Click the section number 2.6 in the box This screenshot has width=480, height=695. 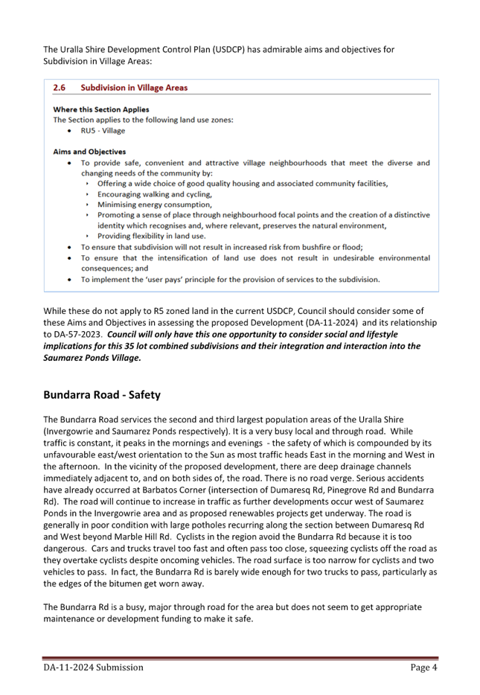click(x=59, y=88)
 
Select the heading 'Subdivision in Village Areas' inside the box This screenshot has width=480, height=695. click(x=134, y=88)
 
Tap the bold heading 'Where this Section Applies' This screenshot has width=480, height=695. click(x=100, y=109)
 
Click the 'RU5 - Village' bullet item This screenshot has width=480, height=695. click(x=103, y=130)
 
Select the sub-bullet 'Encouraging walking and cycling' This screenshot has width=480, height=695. click(x=154, y=194)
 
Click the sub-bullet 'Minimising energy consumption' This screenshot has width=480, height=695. click(x=154, y=205)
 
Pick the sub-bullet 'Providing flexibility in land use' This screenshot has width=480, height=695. click(x=152, y=236)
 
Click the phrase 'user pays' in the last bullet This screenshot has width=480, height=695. click(x=165, y=280)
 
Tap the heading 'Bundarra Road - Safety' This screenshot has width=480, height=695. click(x=101, y=394)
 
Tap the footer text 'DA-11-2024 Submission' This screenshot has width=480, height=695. click(x=93, y=668)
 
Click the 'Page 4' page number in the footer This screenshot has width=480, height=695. click(x=423, y=668)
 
